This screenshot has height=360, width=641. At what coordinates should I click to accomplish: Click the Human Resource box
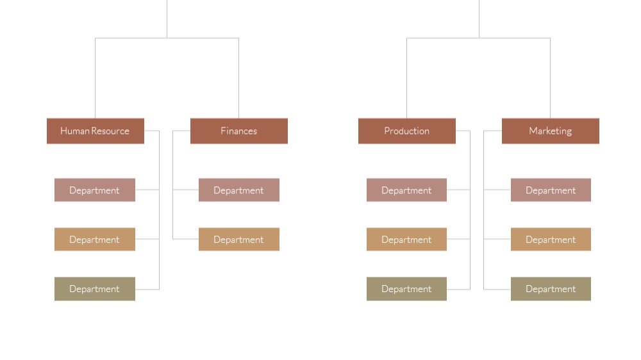tap(96, 131)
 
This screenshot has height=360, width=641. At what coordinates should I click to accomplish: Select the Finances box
tap(238, 131)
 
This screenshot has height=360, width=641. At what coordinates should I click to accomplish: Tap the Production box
tap(407, 131)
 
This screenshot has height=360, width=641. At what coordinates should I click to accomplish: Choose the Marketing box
tap(550, 131)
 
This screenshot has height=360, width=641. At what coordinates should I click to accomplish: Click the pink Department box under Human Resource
tap(95, 190)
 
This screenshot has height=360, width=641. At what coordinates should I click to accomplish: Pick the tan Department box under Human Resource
tap(95, 240)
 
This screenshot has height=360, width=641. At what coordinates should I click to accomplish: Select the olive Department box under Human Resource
tap(95, 289)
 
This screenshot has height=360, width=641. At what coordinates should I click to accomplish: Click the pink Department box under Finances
tap(239, 190)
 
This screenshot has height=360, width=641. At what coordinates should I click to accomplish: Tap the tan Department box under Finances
tap(239, 240)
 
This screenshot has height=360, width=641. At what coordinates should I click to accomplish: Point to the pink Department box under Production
tap(407, 190)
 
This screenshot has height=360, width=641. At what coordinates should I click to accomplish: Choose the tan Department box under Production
tap(407, 240)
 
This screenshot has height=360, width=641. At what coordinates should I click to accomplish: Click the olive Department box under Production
tap(407, 289)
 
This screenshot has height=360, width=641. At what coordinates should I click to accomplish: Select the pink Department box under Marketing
tap(551, 190)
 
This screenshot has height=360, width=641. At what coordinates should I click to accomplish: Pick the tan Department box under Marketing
tap(551, 240)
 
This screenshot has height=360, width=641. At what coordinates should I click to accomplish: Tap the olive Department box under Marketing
tap(551, 289)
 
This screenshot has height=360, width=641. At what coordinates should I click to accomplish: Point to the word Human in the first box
tap(75, 131)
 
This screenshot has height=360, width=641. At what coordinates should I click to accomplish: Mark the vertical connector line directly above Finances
tap(238, 78)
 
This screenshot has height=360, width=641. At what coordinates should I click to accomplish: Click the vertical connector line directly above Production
tap(407, 78)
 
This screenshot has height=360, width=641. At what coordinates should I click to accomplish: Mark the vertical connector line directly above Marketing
tap(550, 78)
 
